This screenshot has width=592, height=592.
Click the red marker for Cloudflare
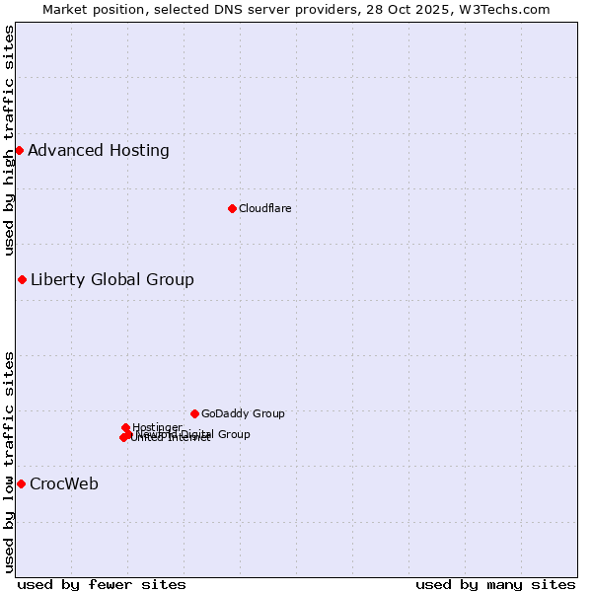[232, 208]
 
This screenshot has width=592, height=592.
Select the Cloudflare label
[264, 208]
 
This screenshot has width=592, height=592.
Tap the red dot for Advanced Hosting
[19, 150]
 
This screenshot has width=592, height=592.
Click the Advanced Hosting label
[99, 151]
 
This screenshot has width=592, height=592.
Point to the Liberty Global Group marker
[22, 279]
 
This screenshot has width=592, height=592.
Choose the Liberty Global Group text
[112, 279]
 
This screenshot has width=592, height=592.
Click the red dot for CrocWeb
[21, 483]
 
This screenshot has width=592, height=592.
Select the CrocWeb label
[64, 483]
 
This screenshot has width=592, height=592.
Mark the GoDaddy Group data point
[194, 413]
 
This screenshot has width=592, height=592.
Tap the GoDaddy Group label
[243, 413]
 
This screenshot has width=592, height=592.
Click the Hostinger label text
[157, 427]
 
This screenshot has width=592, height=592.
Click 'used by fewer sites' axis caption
[102, 584]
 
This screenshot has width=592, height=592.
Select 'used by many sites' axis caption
[495, 584]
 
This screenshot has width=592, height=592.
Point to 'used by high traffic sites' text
[9, 140]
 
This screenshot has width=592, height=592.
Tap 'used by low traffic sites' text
[9, 462]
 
